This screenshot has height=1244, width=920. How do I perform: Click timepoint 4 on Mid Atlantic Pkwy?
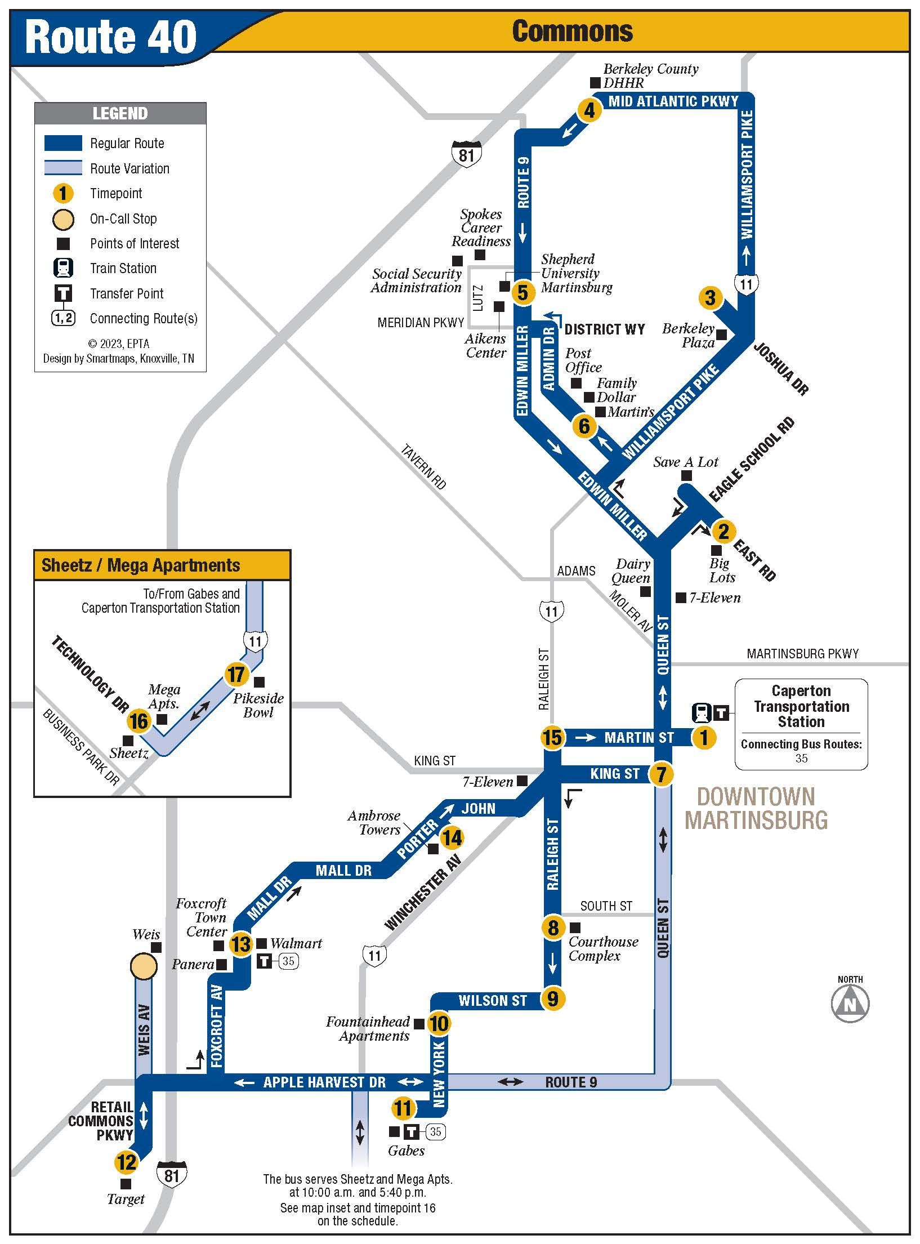589,110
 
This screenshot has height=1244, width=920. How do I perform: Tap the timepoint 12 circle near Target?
126,1161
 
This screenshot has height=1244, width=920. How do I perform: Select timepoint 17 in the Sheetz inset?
236,674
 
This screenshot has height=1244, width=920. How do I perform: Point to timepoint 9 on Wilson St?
552,998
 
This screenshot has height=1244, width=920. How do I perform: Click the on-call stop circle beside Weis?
143,965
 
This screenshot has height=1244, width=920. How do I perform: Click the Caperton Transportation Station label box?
801,724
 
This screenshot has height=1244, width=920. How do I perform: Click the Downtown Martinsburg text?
756,808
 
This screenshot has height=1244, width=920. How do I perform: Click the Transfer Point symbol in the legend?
63,293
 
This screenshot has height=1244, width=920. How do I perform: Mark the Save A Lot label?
686,462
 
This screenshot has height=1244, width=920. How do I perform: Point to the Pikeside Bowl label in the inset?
258,705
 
